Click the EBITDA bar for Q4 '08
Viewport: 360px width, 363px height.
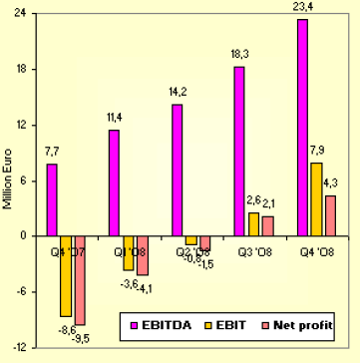click(302, 128)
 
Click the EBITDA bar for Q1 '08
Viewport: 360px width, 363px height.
click(115, 182)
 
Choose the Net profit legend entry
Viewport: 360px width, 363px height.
click(299, 325)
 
